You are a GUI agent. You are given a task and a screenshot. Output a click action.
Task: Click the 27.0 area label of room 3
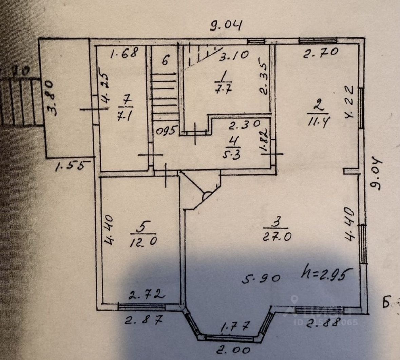point(277,236)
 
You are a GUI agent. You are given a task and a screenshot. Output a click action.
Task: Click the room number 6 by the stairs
point(165,61)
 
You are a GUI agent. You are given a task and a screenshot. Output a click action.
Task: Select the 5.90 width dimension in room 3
point(261,278)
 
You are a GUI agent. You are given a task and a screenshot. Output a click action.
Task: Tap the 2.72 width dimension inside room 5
point(147,294)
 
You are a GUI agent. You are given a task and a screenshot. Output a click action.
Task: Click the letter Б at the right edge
point(386,303)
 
